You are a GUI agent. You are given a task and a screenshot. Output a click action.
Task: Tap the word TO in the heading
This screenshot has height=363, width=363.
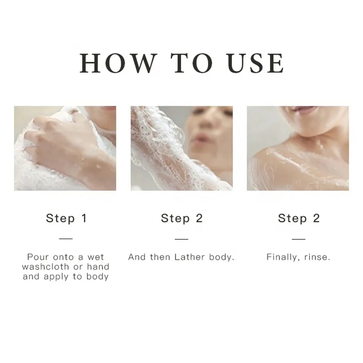191,63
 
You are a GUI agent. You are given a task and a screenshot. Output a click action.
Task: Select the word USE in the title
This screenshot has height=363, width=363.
255,63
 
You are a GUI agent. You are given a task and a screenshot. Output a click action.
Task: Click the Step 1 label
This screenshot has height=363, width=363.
66,218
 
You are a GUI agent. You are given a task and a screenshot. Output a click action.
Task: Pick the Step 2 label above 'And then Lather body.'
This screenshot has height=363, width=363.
181,218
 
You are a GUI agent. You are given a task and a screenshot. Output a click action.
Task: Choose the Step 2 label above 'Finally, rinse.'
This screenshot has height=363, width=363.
299,218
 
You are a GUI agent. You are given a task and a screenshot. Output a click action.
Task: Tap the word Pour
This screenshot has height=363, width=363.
38,257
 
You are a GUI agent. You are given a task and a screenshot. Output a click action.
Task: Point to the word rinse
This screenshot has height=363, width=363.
316,257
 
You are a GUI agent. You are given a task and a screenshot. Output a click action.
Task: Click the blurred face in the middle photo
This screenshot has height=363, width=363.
206,129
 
